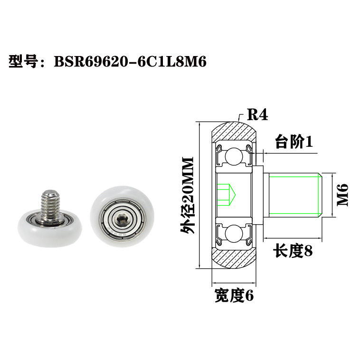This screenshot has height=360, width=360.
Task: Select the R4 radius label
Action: tap(258, 115)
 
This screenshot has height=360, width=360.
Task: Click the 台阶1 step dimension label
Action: tap(294, 142)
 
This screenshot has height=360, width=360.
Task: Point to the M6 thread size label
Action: tap(342, 195)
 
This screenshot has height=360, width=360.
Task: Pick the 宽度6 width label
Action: tap(234, 296)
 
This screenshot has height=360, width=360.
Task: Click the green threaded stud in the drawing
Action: tap(294, 195)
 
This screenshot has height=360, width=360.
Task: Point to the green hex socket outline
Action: tap(225, 194)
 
